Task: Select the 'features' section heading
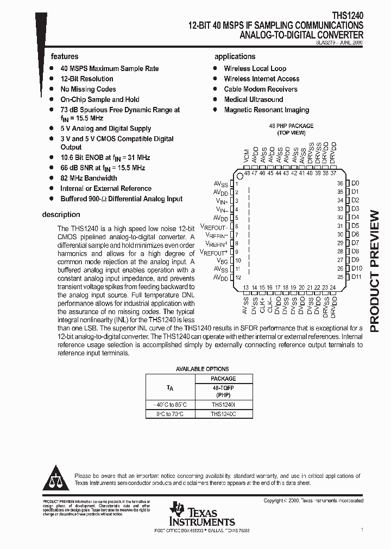65,56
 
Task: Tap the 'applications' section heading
235,56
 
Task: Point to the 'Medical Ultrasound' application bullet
253,99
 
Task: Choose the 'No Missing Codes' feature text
88,89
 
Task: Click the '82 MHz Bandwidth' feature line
89,178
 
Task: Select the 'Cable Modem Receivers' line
261,89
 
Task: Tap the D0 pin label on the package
355,183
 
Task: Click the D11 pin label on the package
356,277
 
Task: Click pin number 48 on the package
247,173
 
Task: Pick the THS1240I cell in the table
223,404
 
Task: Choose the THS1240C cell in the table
223,414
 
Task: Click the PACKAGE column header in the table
223,379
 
